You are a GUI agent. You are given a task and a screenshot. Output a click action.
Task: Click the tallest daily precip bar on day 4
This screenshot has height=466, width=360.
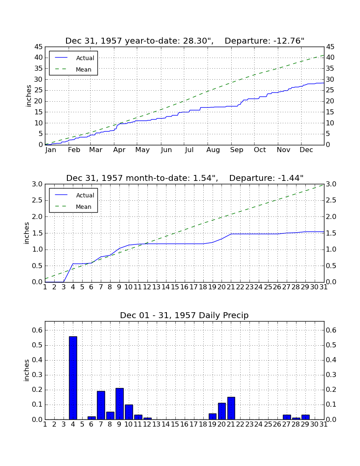pyautogui.click(x=73, y=378)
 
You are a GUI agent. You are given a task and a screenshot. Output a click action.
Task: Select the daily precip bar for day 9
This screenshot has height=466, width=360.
pyautogui.click(x=119, y=404)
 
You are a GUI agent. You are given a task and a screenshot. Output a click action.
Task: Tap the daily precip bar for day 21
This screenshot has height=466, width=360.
pyautogui.click(x=231, y=408)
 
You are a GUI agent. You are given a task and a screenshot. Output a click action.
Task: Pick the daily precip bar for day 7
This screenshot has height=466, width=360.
pyautogui.click(x=101, y=405)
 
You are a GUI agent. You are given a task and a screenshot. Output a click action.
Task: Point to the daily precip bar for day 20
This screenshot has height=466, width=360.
pyautogui.click(x=222, y=411)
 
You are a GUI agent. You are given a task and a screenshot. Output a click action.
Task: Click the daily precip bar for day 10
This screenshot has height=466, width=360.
pyautogui.click(x=129, y=412)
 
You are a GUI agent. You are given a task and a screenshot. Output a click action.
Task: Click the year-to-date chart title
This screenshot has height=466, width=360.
pyautogui.click(x=185, y=41)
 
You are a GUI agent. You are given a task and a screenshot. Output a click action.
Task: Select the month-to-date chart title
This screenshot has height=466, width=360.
pyautogui.click(x=185, y=178)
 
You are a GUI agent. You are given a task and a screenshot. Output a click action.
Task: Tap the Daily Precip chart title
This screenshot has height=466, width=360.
pyautogui.click(x=184, y=315)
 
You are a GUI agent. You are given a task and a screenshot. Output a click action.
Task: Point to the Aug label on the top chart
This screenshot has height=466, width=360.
pyautogui.click(x=213, y=150)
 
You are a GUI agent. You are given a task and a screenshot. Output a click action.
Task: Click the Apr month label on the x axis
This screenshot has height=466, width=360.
pyautogui.click(x=119, y=150)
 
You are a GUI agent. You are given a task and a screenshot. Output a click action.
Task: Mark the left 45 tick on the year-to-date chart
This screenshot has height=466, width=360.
pyautogui.click(x=39, y=47)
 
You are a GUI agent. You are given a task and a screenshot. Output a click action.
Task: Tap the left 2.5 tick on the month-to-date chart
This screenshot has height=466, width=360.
pyautogui.click(x=37, y=201)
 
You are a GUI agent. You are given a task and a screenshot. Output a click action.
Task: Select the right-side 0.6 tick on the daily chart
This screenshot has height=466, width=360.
pyautogui.click(x=331, y=330)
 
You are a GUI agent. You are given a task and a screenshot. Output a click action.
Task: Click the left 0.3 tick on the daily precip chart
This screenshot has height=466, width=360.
pyautogui.click(x=37, y=375)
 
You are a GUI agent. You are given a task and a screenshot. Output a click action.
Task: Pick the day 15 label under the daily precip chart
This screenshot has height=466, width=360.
pyautogui.click(x=175, y=424)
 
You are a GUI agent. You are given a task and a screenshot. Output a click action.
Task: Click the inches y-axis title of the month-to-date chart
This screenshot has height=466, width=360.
pyautogui.click(x=27, y=233)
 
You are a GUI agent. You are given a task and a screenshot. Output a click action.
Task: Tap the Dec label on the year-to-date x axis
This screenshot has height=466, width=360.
pyautogui.click(x=306, y=150)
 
